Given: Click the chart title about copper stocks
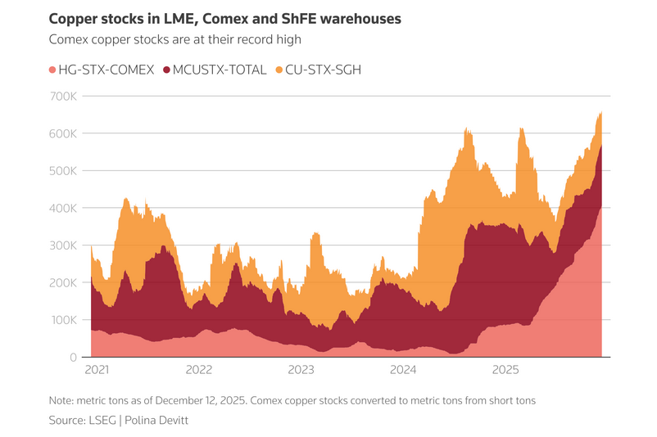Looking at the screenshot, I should (x=225, y=18).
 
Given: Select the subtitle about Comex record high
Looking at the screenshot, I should (x=175, y=39).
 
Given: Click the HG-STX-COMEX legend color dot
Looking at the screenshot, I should (x=54, y=70).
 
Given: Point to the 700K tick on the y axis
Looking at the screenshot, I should (x=63, y=97).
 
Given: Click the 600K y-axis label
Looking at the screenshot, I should (x=63, y=133).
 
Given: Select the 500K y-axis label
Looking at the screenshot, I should (x=63, y=171).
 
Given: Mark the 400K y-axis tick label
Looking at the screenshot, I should (x=63, y=209).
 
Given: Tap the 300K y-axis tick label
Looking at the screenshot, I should (x=63, y=246).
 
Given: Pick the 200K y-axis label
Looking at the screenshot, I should (x=63, y=283).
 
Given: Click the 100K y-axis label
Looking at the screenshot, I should (x=63, y=320).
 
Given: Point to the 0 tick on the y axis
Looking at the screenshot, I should (x=73, y=358).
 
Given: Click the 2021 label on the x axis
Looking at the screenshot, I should (x=97, y=370).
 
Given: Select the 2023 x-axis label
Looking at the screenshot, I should (x=301, y=370).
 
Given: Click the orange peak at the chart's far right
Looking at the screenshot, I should (x=600, y=114).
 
